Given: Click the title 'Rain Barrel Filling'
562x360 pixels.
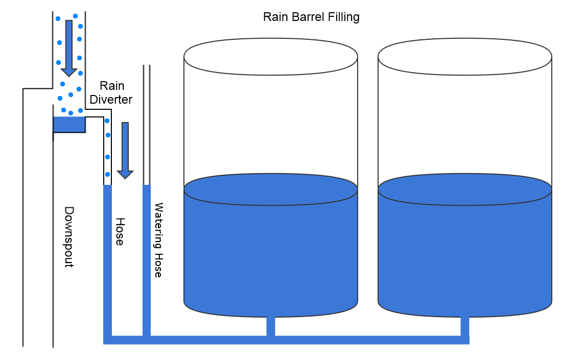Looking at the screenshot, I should click(311, 17).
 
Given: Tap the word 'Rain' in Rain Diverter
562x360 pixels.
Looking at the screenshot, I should click(112, 86).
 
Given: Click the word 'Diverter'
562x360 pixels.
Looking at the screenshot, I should click(111, 99).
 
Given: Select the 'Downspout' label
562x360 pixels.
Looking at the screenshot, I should click(69, 237).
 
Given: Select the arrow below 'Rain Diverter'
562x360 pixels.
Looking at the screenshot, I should click(125, 150).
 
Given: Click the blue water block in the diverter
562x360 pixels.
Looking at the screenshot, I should click(68, 124).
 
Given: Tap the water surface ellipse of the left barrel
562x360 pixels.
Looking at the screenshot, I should click(270, 189).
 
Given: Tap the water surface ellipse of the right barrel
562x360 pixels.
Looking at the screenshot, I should click(465, 189).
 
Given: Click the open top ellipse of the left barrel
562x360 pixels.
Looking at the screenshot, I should click(270, 57).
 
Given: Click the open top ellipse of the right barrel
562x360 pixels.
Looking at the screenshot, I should click(465, 57).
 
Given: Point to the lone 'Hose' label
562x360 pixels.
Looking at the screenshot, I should click(120, 231).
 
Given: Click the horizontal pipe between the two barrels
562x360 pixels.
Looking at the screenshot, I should click(368, 340).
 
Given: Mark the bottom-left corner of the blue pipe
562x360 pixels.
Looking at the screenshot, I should click(107, 340).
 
